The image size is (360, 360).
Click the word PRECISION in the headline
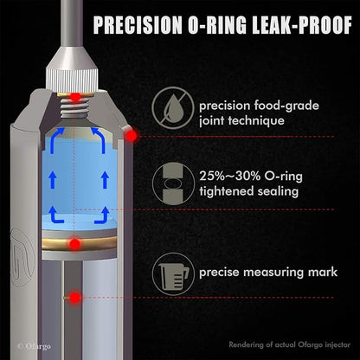tap(138, 25)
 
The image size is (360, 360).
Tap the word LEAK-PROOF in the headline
tap(302, 25)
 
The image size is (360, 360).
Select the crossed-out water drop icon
tap(173, 108)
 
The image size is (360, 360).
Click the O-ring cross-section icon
tap(173, 183)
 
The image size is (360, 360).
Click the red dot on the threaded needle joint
tap(75, 97)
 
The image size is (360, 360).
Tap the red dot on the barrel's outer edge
tap(132, 136)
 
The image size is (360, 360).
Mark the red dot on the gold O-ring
tap(75, 245)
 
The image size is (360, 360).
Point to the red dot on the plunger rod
tap(75, 298)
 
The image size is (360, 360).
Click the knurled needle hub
tap(72, 80)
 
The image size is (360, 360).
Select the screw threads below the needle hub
tap(74, 106)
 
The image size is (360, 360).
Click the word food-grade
tap(286, 106)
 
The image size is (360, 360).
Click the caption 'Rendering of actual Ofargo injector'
tap(290, 344)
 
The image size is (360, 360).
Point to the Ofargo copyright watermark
tap(34, 346)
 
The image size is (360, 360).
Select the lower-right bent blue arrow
tap(102, 215)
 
